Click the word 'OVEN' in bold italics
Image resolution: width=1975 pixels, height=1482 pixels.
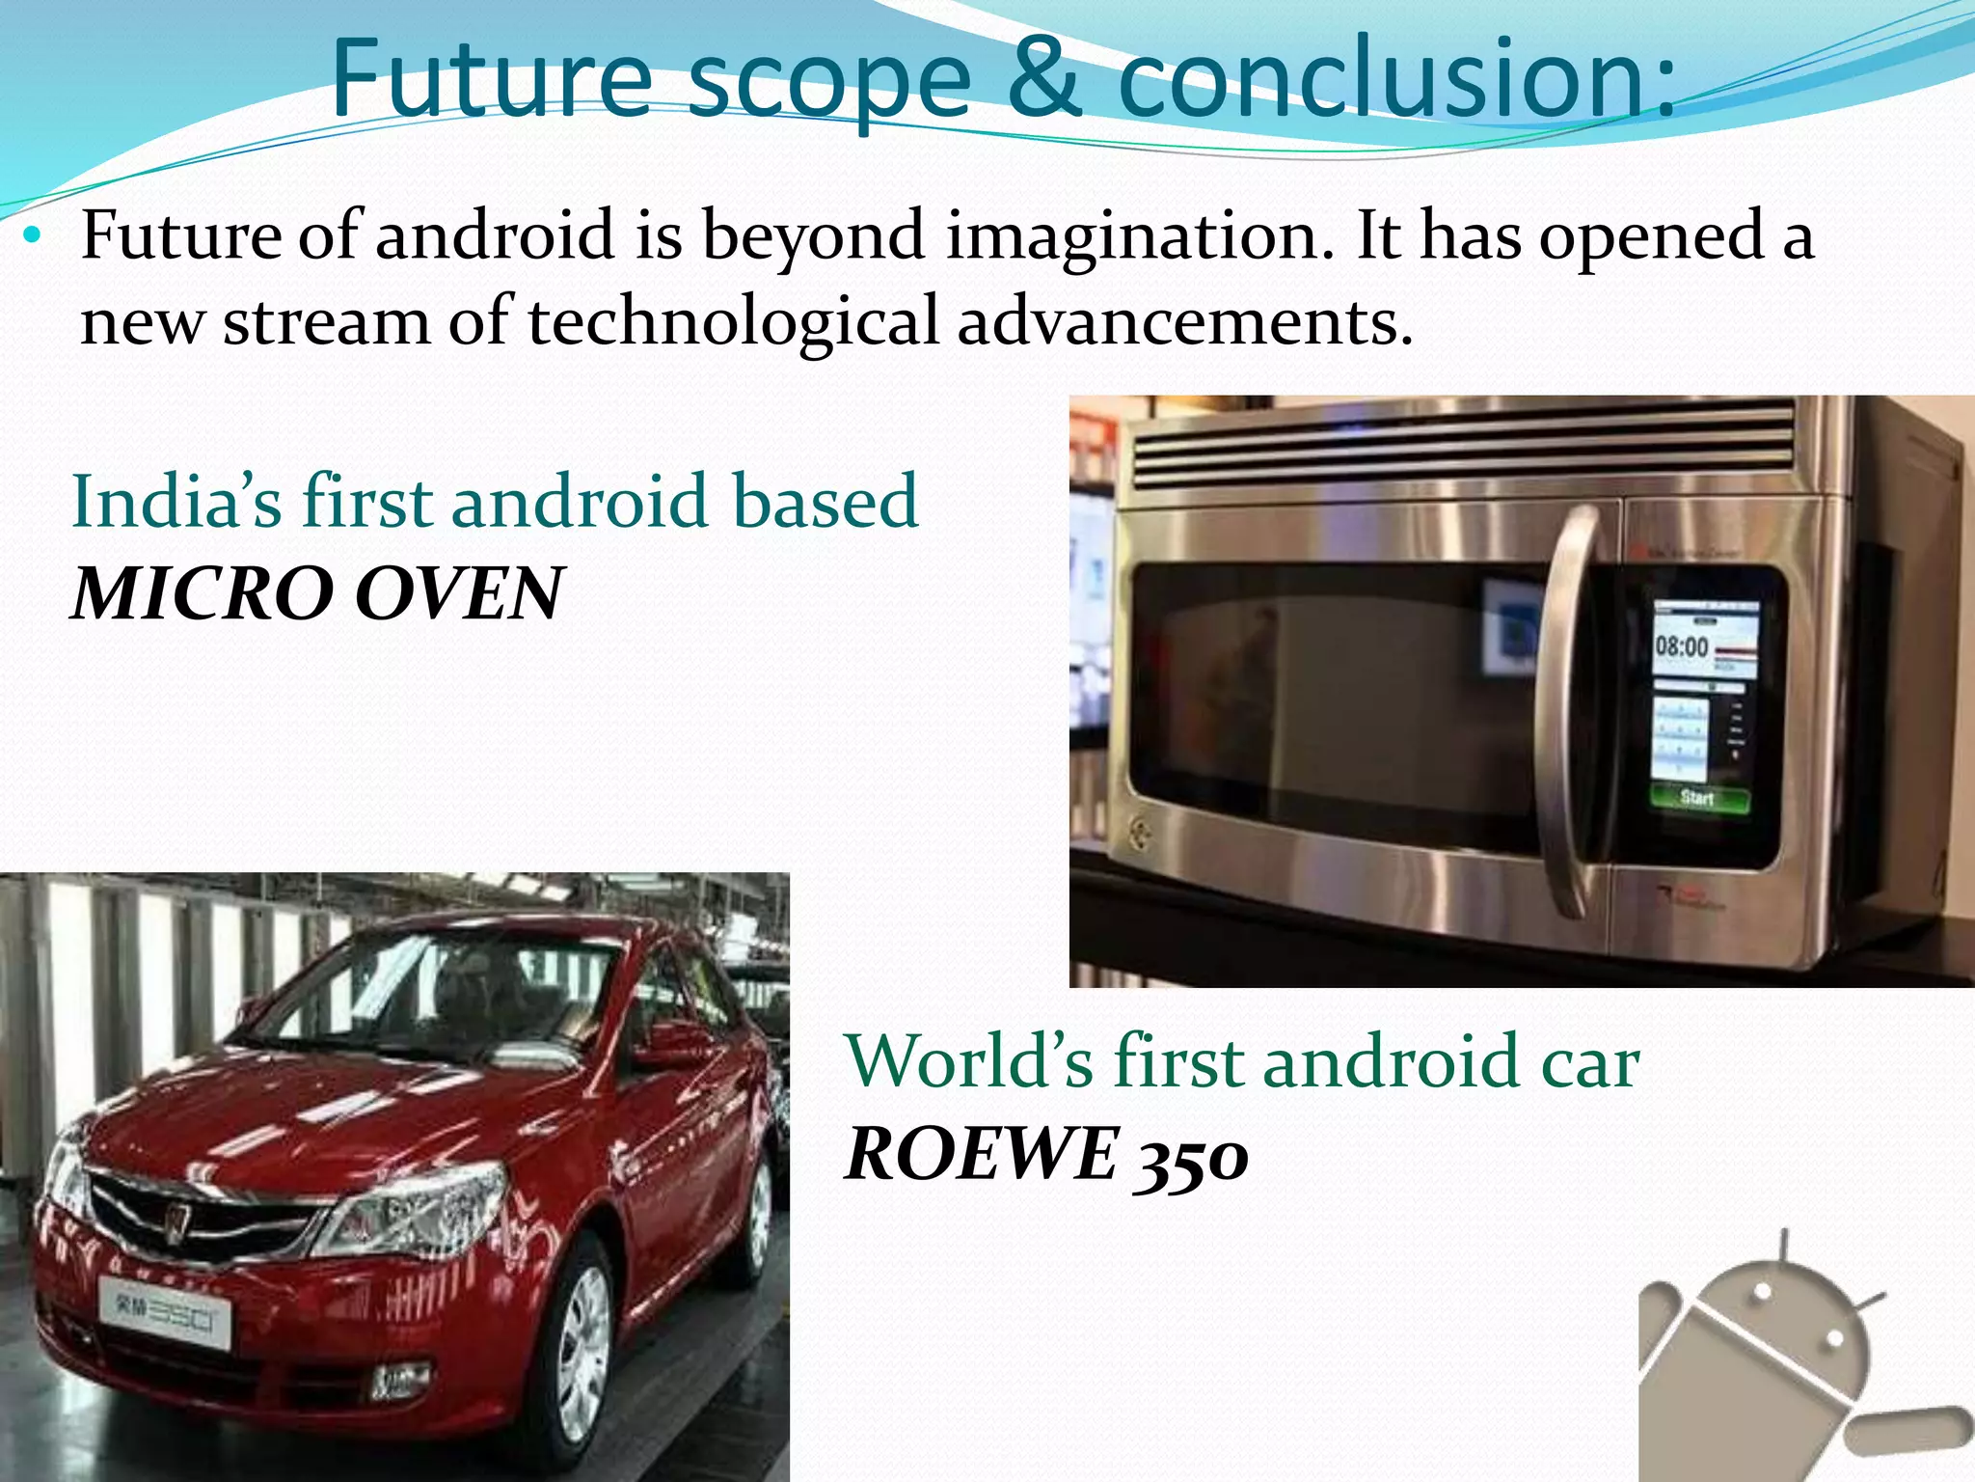tap(458, 594)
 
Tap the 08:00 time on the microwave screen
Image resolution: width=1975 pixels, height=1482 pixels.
tap(1681, 646)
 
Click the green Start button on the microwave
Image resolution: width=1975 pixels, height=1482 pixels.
tap(1698, 798)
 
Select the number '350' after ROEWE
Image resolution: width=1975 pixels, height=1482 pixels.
tap(1191, 1156)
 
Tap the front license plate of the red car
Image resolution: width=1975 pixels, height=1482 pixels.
tap(164, 1312)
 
